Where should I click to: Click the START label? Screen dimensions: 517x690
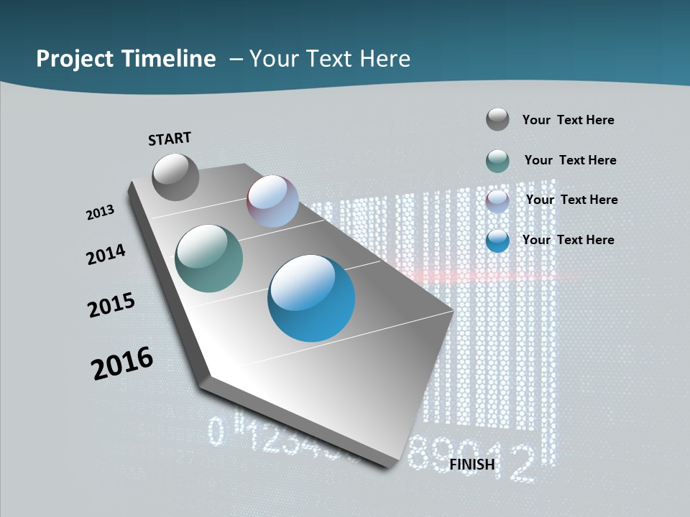pos(170,139)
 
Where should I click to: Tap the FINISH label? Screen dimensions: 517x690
pos(472,465)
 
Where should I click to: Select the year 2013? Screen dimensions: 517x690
pos(100,213)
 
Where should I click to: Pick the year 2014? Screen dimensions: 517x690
pos(106,255)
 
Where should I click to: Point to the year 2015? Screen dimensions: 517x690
pos(111,305)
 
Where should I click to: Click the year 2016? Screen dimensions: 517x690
pos(122,363)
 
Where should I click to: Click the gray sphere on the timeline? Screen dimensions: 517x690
pos(176,177)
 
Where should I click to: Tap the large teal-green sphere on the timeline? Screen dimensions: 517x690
pos(209,258)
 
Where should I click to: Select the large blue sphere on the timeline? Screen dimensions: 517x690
pos(311,298)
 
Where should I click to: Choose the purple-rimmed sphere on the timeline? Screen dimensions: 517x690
pos(273,201)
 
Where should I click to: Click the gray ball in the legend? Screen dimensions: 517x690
pos(497,119)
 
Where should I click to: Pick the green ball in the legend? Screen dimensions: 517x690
pos(497,161)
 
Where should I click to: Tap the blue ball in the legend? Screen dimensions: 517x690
pos(497,241)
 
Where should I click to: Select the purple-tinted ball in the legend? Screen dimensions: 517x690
pos(497,200)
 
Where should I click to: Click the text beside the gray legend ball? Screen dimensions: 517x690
pos(568,120)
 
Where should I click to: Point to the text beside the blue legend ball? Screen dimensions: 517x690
pos(568,240)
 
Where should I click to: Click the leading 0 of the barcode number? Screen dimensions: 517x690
pos(216,431)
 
